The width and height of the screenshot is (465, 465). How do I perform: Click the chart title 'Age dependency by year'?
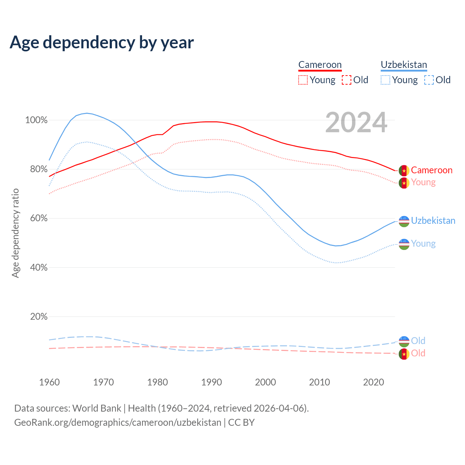coord(102,43)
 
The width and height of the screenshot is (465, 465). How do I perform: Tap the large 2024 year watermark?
coord(356,122)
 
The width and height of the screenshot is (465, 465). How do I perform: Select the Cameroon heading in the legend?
coord(320,65)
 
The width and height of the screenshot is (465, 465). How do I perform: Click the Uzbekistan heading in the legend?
coord(404,65)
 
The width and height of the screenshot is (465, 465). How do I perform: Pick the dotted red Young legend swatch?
coord(303,80)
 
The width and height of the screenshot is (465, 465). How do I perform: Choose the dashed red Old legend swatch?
coord(347,80)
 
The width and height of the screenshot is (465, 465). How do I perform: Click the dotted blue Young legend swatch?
coord(385,80)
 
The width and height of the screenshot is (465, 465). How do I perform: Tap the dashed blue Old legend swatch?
coord(429,80)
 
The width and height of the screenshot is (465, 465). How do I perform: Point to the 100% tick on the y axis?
coord(36,120)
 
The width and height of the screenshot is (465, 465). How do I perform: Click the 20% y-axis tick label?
coord(39,317)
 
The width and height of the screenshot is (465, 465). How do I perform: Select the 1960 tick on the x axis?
coord(49,382)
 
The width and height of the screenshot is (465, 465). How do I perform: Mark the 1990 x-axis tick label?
coord(211,382)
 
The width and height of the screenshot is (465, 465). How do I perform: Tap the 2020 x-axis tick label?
coord(373,382)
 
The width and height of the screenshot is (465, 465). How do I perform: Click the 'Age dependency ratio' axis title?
coord(15,233)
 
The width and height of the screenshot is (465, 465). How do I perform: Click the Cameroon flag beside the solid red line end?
coord(404,170)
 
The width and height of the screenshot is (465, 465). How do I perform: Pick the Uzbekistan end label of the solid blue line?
coord(433,221)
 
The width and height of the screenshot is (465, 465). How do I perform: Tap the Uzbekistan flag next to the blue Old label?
coord(404,341)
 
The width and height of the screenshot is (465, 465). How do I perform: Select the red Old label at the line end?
coord(418,353)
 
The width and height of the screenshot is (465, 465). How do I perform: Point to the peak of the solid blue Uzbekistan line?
coord(87,113)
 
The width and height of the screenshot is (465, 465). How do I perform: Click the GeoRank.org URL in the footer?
coord(118,422)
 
